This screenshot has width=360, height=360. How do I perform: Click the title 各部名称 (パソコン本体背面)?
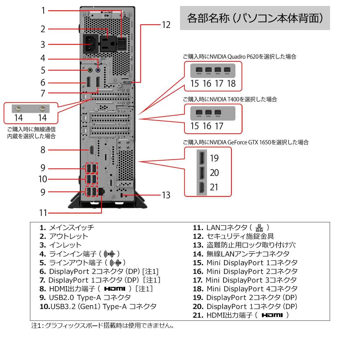click(x=255, y=18)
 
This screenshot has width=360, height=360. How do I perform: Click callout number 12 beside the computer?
click(x=166, y=25)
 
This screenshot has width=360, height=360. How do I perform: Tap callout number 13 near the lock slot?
click(x=166, y=195)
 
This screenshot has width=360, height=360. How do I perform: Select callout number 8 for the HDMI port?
click(x=43, y=150)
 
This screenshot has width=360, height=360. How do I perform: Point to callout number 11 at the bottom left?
click(x=43, y=213)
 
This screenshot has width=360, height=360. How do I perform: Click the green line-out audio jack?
click(x=90, y=70)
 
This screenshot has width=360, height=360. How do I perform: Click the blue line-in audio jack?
click(x=98, y=70)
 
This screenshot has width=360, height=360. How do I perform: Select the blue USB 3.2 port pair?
click(x=91, y=179)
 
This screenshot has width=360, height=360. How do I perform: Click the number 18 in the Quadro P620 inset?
click(x=231, y=83)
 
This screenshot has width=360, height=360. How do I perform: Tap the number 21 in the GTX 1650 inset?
click(x=214, y=187)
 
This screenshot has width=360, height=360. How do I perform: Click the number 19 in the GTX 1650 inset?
click(x=214, y=158)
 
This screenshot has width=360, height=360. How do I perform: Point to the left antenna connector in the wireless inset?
click(x=19, y=109)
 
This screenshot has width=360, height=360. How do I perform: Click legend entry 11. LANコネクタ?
click(x=231, y=228)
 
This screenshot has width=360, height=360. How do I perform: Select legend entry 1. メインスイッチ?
click(x=67, y=228)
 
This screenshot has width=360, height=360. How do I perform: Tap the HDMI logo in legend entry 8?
click(x=115, y=289)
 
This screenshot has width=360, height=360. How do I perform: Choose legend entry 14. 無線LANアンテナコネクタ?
click(x=241, y=254)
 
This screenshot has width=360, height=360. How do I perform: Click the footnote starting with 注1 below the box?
click(x=103, y=325)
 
